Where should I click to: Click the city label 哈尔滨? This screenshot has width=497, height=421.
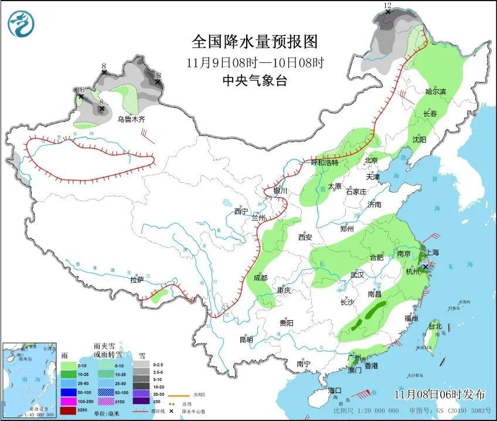tap(435, 91)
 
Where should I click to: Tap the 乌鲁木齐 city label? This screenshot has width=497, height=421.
tap(130, 120)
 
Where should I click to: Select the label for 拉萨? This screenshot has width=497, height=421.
tap(137, 280)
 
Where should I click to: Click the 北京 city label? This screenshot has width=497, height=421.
tap(372, 160)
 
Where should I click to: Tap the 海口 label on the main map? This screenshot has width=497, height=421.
tap(335, 390)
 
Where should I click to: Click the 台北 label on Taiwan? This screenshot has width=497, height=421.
tap(435, 326)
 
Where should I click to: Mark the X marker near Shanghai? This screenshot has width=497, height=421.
tap(425, 266)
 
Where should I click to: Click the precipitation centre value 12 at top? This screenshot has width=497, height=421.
tap(387, 5)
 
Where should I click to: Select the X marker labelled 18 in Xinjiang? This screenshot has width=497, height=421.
tap(157, 82)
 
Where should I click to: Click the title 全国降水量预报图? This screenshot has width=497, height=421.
tap(254, 42)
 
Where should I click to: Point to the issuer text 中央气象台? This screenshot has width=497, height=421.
tap(254, 81)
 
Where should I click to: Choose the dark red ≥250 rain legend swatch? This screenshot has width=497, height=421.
tap(69, 409)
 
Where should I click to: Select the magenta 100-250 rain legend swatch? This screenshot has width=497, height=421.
tap(69, 400)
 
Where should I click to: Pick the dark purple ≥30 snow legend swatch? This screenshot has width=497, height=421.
tap(141, 400)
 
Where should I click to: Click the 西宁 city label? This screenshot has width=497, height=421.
tap(241, 211)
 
